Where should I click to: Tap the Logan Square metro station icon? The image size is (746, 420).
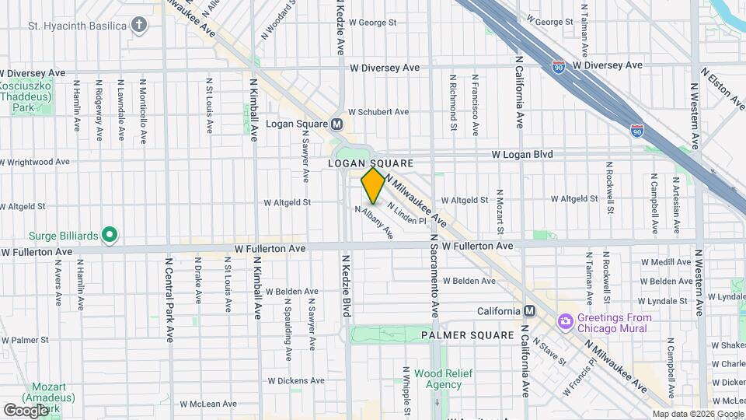click(336, 124)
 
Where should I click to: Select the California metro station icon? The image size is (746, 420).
click(529, 311)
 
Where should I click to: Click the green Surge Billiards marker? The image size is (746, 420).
click(110, 234)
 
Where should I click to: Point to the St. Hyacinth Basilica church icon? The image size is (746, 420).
click(139, 26)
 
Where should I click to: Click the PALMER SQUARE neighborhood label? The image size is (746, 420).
click(467, 335)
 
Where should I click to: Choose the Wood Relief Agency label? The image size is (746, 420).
click(438, 379)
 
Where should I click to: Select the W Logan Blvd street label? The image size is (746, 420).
click(522, 155)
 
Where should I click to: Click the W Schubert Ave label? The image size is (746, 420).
click(378, 112)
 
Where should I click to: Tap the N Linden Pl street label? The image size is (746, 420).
click(406, 214)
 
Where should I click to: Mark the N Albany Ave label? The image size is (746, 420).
click(374, 222)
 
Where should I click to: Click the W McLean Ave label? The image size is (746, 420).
click(207, 404)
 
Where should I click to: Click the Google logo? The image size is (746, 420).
click(25, 410)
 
